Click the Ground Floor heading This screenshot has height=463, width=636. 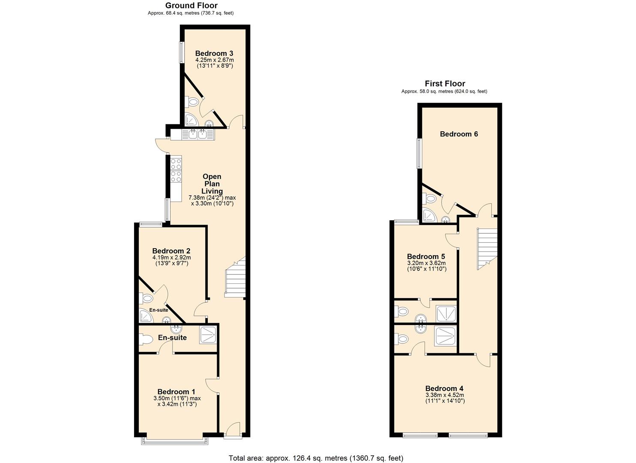click(x=191, y=6)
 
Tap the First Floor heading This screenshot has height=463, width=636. click(x=445, y=84)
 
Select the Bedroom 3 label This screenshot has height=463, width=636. click(x=214, y=54)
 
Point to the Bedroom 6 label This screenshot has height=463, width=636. click(x=459, y=134)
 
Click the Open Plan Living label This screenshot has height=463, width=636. click(x=212, y=184)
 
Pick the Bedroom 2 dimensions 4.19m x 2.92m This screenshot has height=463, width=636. click(x=171, y=258)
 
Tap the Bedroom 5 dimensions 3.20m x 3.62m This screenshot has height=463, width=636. click(x=426, y=263)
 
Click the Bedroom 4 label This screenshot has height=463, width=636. click(x=445, y=388)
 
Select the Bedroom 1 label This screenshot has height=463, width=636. click(x=176, y=391)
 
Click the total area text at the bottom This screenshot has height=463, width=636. click(x=316, y=458)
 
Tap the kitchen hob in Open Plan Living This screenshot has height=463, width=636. click(x=176, y=169)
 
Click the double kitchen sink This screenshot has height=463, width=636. click(x=198, y=134)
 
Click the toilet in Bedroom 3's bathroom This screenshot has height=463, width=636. click(x=192, y=102)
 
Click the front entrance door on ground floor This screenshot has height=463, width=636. click(x=233, y=430)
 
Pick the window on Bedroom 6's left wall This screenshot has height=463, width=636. click(x=419, y=153)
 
